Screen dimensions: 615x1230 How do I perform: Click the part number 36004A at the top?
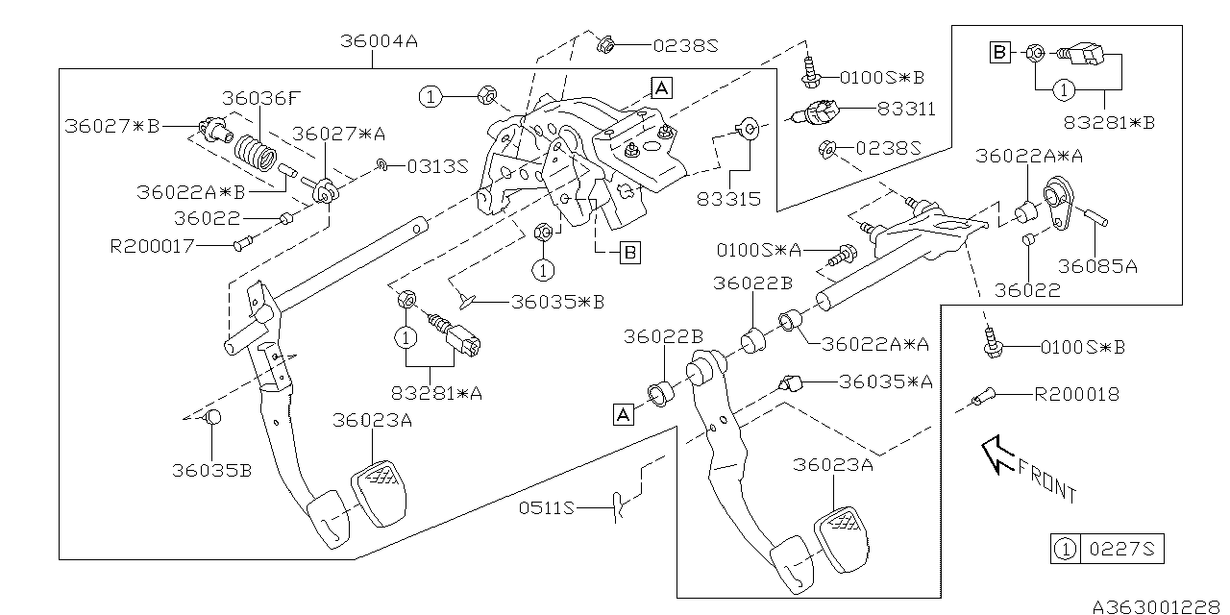tap(380, 42)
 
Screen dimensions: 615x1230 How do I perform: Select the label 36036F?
tap(261, 97)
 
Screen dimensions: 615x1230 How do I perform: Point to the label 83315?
tap(730, 199)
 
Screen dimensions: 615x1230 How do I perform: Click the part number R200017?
tap(153, 246)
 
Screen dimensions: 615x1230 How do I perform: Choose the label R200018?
tap(1076, 394)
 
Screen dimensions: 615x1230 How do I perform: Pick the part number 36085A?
tap(1097, 266)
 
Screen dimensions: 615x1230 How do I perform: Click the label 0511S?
tap(547, 507)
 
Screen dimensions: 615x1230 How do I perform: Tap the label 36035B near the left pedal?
tap(211, 471)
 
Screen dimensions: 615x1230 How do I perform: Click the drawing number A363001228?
tap(1157, 606)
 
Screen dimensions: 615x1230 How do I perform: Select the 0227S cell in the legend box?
tap(1120, 550)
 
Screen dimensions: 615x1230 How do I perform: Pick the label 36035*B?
tap(557, 302)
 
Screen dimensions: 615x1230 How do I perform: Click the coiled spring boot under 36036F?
tap(256, 154)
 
